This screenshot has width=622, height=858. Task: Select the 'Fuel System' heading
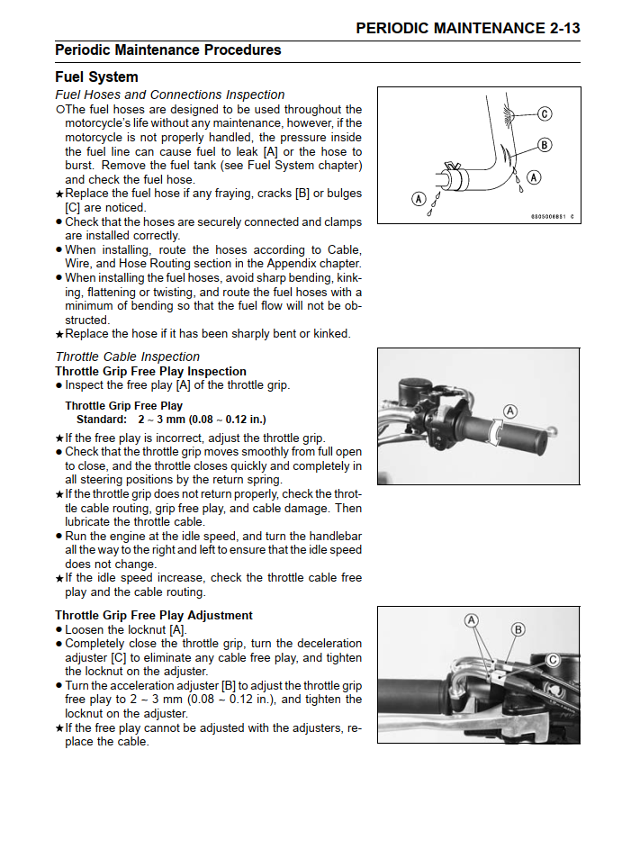pyautogui.click(x=96, y=77)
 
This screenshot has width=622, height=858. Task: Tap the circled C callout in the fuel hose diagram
pyautogui.click(x=545, y=113)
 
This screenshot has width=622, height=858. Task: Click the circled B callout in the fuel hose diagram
pyautogui.click(x=545, y=145)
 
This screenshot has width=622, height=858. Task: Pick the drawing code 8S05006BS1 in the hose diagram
pyautogui.click(x=549, y=216)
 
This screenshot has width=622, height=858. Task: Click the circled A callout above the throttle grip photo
pyautogui.click(x=509, y=411)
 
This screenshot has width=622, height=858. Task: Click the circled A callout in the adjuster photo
pyautogui.click(x=472, y=620)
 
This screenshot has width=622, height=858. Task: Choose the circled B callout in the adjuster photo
pyautogui.click(x=518, y=629)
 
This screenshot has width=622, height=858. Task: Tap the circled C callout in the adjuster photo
pyautogui.click(x=553, y=660)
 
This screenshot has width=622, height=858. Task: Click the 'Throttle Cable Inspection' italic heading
pyautogui.click(x=127, y=357)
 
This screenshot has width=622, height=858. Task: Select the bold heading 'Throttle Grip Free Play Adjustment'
pyautogui.click(x=154, y=615)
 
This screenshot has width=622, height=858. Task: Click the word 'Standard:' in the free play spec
pyautogui.click(x=103, y=420)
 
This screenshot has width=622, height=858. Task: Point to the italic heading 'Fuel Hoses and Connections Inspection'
pyautogui.click(x=169, y=95)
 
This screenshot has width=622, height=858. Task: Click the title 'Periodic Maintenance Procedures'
pyautogui.click(x=167, y=50)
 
